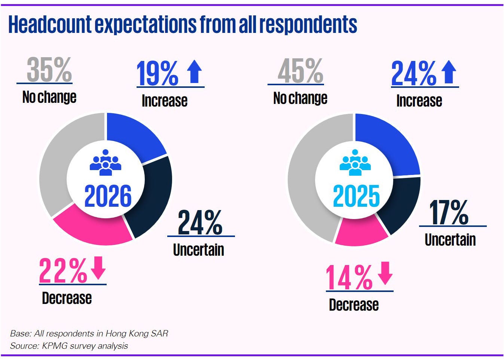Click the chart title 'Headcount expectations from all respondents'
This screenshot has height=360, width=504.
(183, 25)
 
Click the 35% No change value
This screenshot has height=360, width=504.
(49, 70)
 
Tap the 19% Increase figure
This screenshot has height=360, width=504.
(157, 74)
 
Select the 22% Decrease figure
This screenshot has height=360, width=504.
(63, 271)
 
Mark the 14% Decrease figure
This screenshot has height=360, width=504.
(349, 277)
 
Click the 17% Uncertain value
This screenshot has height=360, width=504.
(449, 212)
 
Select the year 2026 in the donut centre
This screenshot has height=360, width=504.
(108, 196)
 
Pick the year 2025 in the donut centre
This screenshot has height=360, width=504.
(356, 196)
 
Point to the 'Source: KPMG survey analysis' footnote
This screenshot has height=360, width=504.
(69, 346)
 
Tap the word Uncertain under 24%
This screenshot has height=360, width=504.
(199, 250)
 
